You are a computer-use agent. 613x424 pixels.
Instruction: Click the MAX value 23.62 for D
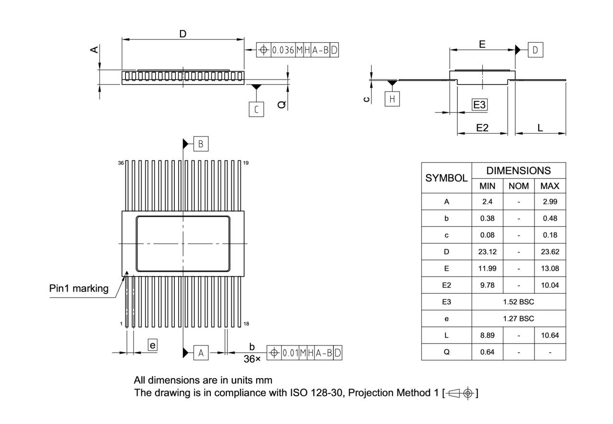click(x=550, y=252)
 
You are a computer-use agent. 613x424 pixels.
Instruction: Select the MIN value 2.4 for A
click(x=487, y=201)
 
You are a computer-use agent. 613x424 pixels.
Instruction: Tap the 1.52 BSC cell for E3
click(x=519, y=302)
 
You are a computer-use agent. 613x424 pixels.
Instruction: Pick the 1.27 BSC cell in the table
click(x=519, y=319)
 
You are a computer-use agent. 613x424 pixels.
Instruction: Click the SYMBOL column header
click(x=446, y=178)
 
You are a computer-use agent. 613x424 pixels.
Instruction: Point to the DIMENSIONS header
click(x=519, y=170)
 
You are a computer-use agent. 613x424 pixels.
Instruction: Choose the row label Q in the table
click(x=446, y=352)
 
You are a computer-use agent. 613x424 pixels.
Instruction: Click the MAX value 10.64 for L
click(x=550, y=335)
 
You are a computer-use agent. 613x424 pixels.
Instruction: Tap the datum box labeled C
click(x=256, y=110)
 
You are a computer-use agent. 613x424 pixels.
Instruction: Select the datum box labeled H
click(x=392, y=99)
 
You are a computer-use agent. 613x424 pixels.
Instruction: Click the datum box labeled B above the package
click(x=201, y=144)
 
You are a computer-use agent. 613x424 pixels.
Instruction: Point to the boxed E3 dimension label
click(x=479, y=105)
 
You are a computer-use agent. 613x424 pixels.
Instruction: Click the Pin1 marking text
click(x=79, y=289)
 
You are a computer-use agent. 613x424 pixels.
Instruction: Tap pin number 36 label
click(x=121, y=163)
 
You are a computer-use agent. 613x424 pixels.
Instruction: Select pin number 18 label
click(x=246, y=324)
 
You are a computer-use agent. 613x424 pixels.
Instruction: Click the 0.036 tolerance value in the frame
click(x=283, y=50)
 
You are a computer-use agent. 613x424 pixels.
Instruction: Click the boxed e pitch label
click(x=152, y=345)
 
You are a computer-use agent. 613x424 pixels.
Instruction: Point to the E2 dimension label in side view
click(x=482, y=128)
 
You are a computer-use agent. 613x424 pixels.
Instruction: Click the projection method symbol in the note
click(x=460, y=393)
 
